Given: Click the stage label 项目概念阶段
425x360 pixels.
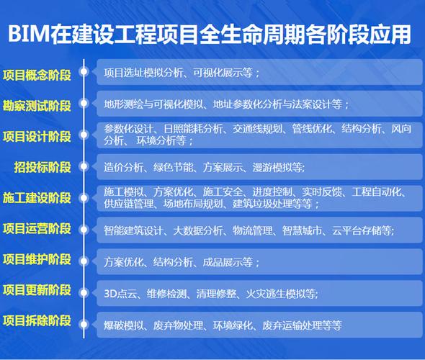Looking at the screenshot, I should [x=37, y=73].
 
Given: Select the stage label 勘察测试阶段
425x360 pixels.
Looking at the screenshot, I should [x=37, y=105].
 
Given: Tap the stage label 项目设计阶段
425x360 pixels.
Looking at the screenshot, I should [x=37, y=136].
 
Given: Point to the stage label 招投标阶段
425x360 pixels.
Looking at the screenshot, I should [x=42, y=167].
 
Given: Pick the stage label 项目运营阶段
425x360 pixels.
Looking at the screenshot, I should [x=37, y=229].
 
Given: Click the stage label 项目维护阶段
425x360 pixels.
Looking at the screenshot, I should [x=37, y=259].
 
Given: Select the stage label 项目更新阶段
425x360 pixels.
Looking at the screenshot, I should [x=37, y=290].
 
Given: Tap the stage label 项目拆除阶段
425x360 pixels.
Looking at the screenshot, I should [x=37, y=321].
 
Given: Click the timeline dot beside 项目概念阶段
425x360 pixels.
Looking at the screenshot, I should [x=84, y=72].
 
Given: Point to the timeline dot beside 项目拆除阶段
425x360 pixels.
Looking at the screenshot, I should [x=84, y=322].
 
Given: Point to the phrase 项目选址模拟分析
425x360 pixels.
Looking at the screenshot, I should [x=145, y=73].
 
